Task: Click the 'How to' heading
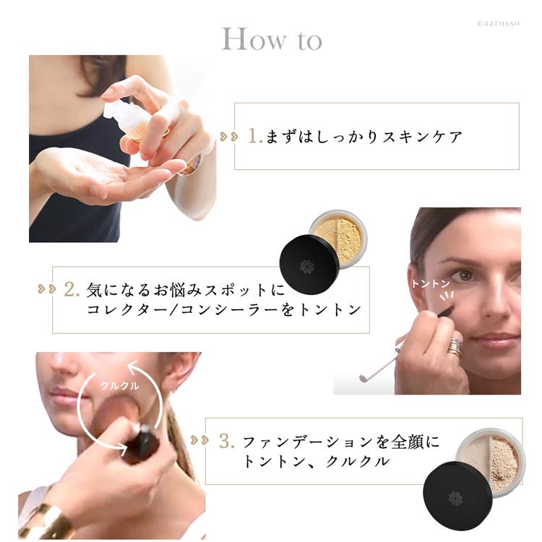pos(271,40)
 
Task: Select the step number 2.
pos(71,290)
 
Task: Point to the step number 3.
pos(225,440)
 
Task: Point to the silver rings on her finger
pos(455,346)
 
